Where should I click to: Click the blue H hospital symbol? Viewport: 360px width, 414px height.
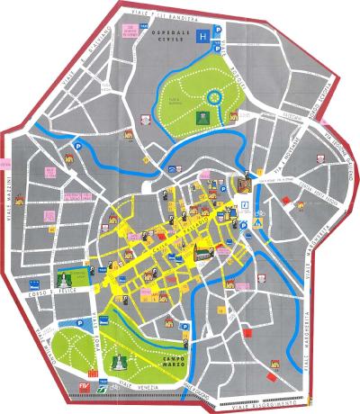(x=204, y=36)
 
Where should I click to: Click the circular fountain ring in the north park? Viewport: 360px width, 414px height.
(x=214, y=95)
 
